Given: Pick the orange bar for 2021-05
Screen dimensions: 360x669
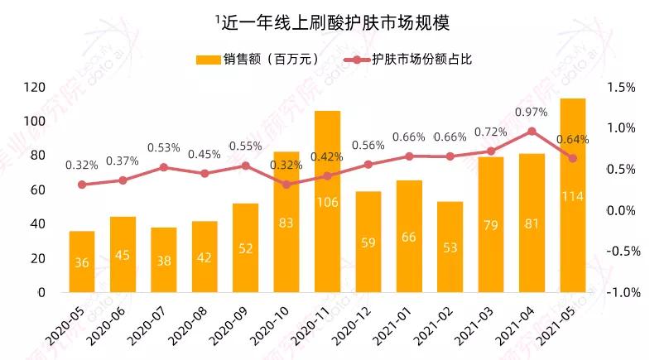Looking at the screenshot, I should (x=573, y=195).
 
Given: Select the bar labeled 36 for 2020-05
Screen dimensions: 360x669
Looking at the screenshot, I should (x=82, y=262).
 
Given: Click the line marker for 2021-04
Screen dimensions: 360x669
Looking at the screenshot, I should (x=532, y=131).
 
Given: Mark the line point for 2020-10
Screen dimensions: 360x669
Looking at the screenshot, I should (x=286, y=184).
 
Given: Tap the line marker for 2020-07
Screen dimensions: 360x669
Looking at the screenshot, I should (x=164, y=167).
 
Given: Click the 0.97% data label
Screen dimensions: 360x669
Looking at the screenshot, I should (x=532, y=112).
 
